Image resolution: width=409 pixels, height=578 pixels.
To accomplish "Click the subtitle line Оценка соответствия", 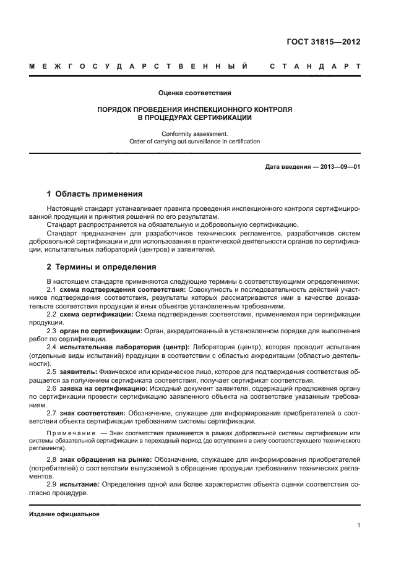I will tap(194, 93).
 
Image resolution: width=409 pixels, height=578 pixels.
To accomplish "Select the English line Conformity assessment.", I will tap(194, 133).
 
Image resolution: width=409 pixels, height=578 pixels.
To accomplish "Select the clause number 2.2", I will tap(52, 315).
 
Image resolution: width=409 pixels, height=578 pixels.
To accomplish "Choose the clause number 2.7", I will tap(52, 413).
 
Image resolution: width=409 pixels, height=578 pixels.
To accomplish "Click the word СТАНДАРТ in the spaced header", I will tap(316, 66).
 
